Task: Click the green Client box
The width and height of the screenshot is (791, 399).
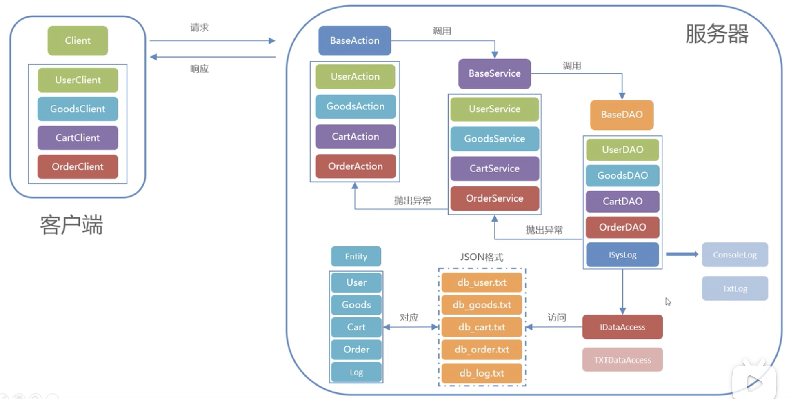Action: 78,41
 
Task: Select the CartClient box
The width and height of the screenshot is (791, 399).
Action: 78,137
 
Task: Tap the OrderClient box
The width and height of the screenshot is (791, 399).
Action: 78,166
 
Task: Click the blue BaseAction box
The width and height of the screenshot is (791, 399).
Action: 355,40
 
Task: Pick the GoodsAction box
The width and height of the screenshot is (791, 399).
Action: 356,106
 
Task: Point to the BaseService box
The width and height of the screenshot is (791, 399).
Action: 495,73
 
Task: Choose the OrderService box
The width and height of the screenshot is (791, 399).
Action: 495,198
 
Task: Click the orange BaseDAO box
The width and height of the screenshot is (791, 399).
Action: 622,115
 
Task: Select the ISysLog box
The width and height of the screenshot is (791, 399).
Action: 622,255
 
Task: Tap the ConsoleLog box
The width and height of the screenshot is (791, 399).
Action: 735,255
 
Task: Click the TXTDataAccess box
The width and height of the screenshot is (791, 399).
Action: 622,360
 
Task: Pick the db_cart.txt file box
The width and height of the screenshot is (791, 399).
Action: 482,327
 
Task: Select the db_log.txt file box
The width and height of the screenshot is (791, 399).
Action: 482,373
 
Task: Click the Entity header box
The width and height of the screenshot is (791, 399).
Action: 356,256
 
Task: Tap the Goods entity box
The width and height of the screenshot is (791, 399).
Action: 356,305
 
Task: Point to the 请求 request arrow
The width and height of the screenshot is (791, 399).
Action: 212,41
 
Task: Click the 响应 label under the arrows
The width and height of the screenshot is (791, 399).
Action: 199,69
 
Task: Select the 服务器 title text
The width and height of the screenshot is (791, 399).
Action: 717,33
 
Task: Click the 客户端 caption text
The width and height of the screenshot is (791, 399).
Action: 71,224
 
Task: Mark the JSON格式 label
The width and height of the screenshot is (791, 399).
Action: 482,257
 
